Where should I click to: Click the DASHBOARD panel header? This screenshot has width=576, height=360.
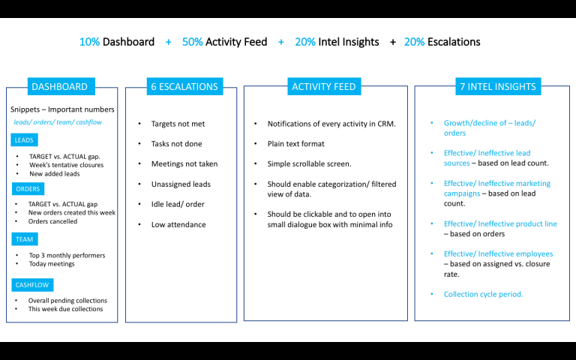(x=61, y=86)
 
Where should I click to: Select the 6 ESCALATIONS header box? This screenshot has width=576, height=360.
(x=184, y=86)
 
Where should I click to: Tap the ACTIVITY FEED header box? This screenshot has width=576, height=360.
(x=324, y=86)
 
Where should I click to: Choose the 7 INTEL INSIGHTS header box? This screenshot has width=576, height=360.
(x=498, y=86)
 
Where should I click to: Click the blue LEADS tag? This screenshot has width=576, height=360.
(x=24, y=140)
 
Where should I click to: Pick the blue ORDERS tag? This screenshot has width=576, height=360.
(x=28, y=189)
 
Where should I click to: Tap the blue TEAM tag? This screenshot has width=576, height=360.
(x=24, y=239)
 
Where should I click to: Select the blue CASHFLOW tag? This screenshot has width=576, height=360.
(x=32, y=285)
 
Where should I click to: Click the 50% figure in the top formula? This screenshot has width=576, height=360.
(x=193, y=42)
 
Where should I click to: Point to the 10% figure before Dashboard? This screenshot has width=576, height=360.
(x=90, y=42)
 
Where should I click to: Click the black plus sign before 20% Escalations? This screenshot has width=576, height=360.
(x=393, y=42)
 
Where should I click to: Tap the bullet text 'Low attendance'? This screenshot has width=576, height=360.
(x=178, y=224)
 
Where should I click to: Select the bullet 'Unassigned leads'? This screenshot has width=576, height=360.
(x=181, y=184)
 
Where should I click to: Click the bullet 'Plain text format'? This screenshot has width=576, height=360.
(x=296, y=144)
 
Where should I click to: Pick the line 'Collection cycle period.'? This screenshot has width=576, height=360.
(x=484, y=294)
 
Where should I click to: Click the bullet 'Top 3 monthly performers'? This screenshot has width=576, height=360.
(x=67, y=255)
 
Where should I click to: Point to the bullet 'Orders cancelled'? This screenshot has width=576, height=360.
(x=53, y=221)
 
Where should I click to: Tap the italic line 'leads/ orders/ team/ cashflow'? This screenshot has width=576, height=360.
(x=58, y=122)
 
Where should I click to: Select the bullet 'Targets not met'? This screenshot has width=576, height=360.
(x=178, y=124)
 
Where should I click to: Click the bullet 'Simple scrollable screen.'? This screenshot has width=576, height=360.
(x=309, y=163)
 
